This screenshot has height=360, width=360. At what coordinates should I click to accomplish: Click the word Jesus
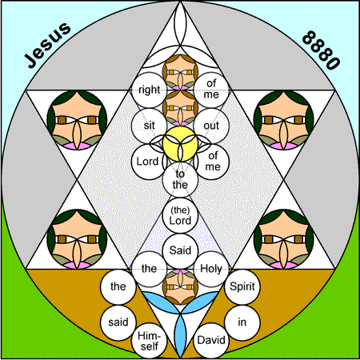[x=47, y=45]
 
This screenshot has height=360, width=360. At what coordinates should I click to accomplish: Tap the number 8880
[x=321, y=50]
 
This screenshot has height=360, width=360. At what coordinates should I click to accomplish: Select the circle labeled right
[x=149, y=90]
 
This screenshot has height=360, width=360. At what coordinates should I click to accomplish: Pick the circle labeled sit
[x=149, y=126]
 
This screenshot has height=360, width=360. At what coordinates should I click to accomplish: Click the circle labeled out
[x=211, y=126]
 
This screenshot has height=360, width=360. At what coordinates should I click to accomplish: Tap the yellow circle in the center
[x=180, y=144]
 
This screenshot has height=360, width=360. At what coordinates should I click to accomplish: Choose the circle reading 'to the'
[x=180, y=179]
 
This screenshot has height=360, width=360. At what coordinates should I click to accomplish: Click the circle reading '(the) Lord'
[x=180, y=215]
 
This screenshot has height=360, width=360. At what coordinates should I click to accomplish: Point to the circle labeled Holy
[x=211, y=269]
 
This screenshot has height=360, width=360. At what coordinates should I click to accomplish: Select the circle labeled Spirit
[x=242, y=286]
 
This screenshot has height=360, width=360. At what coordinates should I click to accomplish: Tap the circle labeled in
[x=242, y=322]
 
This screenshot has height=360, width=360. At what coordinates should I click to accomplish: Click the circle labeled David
[x=211, y=341]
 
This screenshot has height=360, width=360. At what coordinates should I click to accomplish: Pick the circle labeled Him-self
[x=149, y=341]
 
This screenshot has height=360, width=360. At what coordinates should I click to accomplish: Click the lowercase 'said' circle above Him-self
[x=118, y=322]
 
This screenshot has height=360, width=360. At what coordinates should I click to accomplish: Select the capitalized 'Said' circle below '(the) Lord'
[x=180, y=251]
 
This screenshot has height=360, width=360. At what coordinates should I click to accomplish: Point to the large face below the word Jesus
[x=77, y=120]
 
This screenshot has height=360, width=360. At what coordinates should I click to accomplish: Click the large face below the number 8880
[x=284, y=120]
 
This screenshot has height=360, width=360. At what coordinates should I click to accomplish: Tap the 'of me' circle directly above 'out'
[x=211, y=90]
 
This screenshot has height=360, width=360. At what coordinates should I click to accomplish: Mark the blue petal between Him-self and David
[x=180, y=335]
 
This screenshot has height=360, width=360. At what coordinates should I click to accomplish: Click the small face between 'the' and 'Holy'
[x=180, y=287]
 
